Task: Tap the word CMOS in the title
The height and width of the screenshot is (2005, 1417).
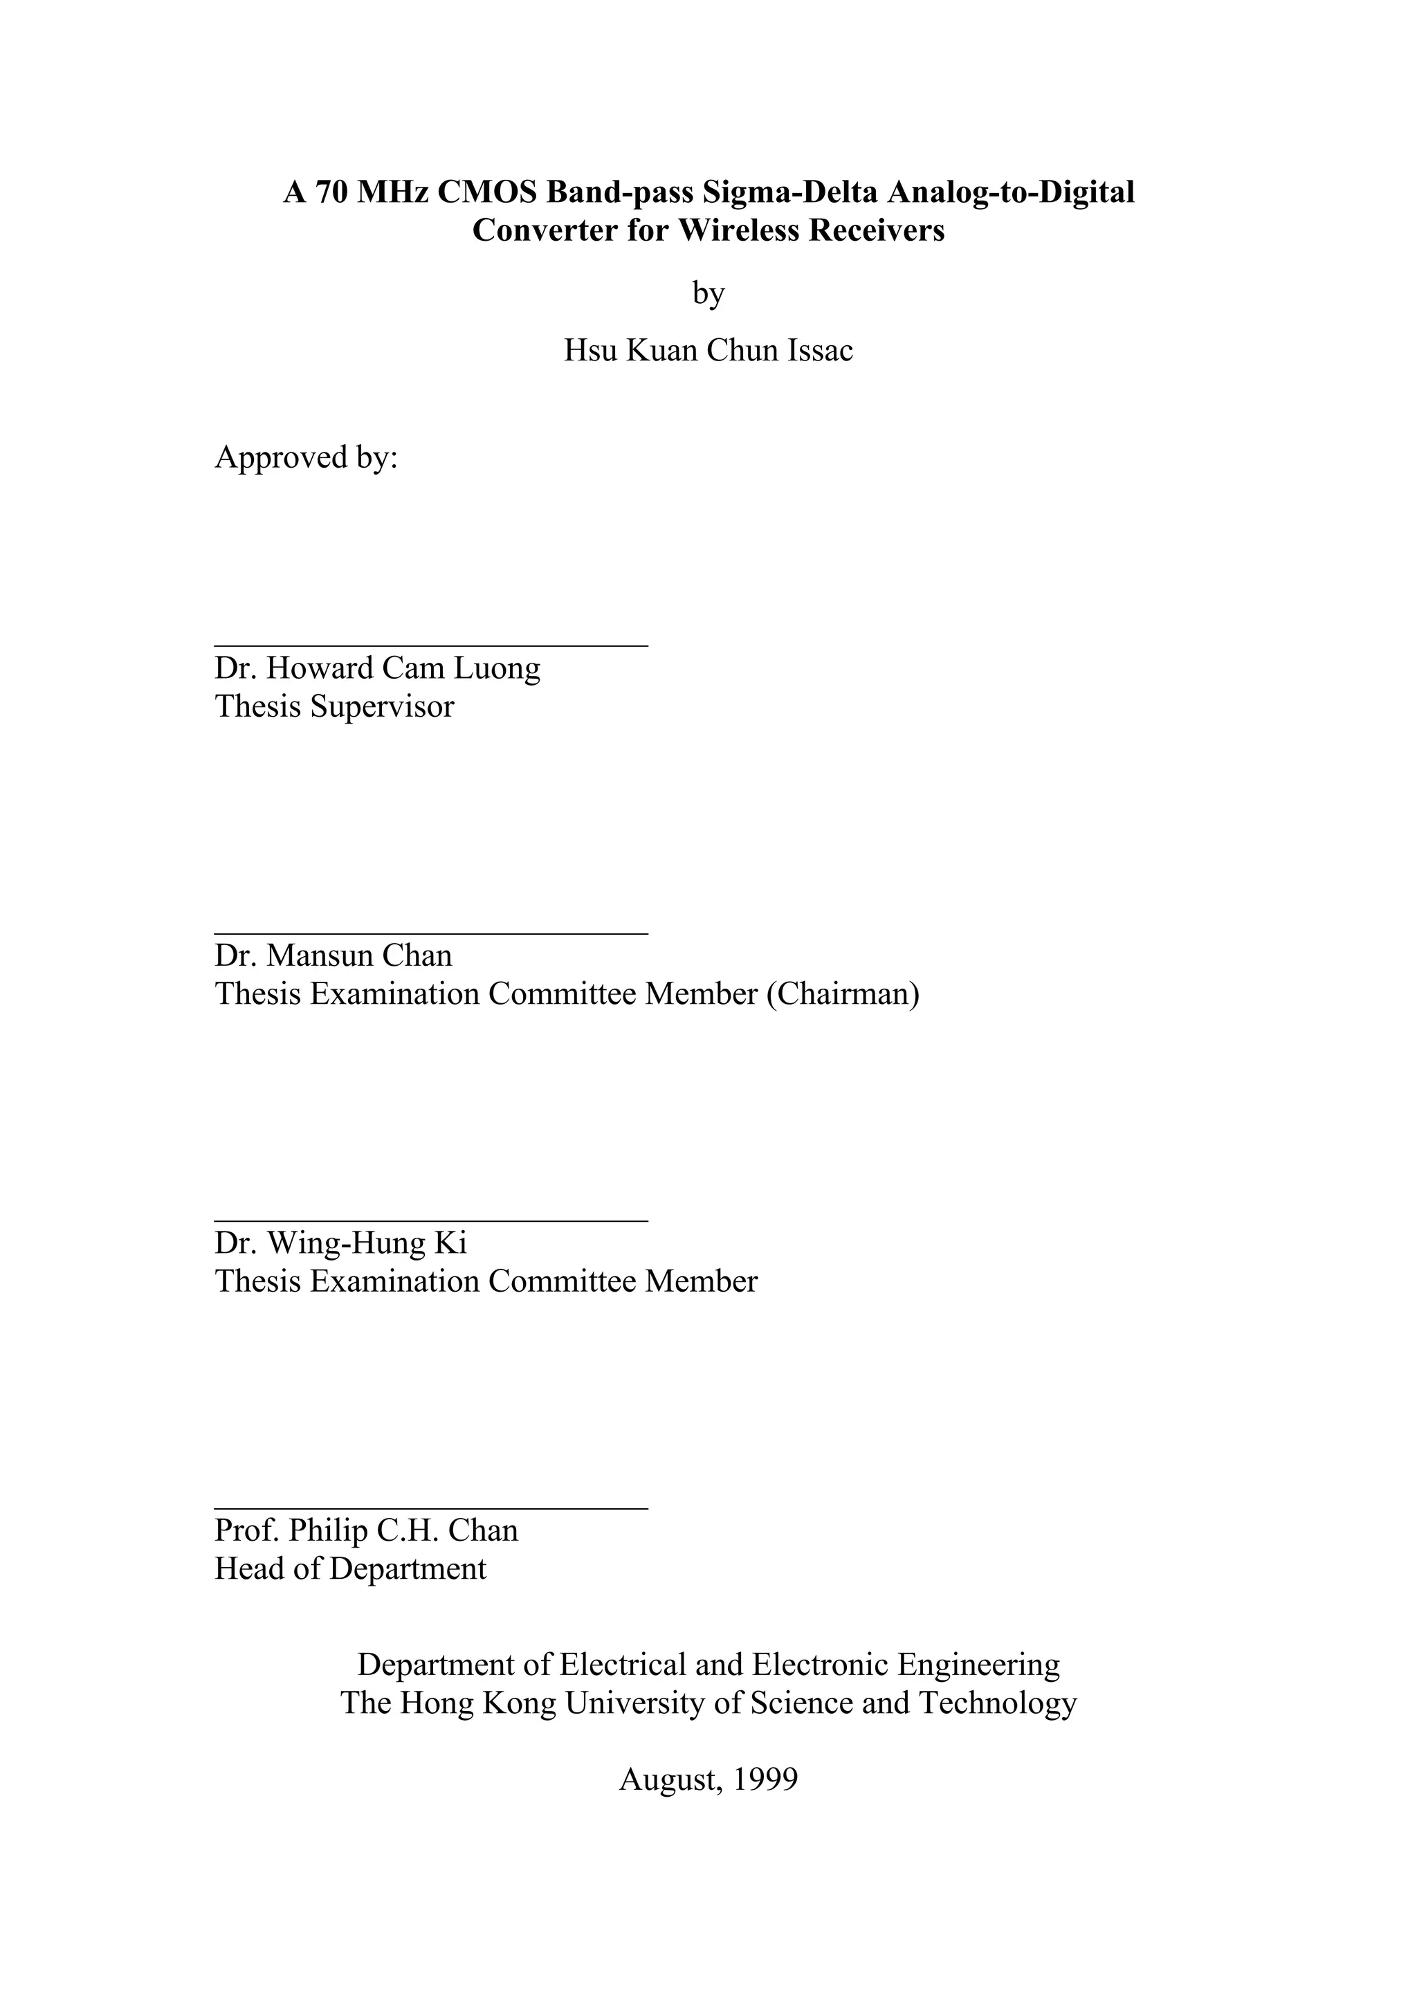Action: pyautogui.click(x=486, y=192)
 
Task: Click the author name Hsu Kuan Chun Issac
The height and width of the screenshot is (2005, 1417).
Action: pyautogui.click(x=708, y=350)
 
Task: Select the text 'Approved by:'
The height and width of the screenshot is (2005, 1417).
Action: pyautogui.click(x=307, y=457)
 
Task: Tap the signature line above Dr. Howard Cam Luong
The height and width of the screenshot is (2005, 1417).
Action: pyautogui.click(x=431, y=646)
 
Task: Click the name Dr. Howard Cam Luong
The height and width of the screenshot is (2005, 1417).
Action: pyautogui.click(x=377, y=668)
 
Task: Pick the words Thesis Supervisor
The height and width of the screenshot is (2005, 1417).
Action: pyautogui.click(x=334, y=706)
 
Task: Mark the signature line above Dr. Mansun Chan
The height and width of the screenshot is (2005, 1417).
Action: pyautogui.click(x=431, y=933)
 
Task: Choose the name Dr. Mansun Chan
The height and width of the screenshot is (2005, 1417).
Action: pyautogui.click(x=333, y=955)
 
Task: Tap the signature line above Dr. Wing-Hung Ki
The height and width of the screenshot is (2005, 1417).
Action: pyautogui.click(x=431, y=1221)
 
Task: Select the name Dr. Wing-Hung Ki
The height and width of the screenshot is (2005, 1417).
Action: pyautogui.click(x=340, y=1243)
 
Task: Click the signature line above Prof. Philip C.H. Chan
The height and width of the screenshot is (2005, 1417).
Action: pyautogui.click(x=431, y=1508)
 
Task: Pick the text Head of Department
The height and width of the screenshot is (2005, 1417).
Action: pyautogui.click(x=350, y=1568)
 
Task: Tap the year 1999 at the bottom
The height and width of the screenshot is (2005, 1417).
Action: pyautogui.click(x=766, y=1779)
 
